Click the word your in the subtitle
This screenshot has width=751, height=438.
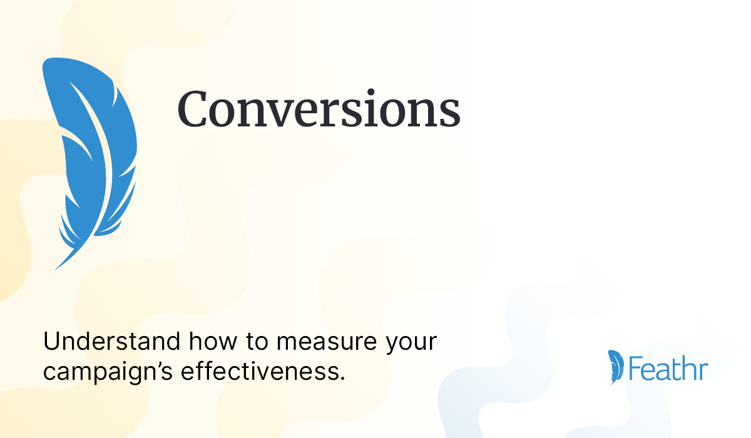[x=412, y=345]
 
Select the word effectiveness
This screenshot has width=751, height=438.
[x=261, y=372]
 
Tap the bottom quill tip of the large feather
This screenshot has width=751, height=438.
[x=56, y=268]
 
